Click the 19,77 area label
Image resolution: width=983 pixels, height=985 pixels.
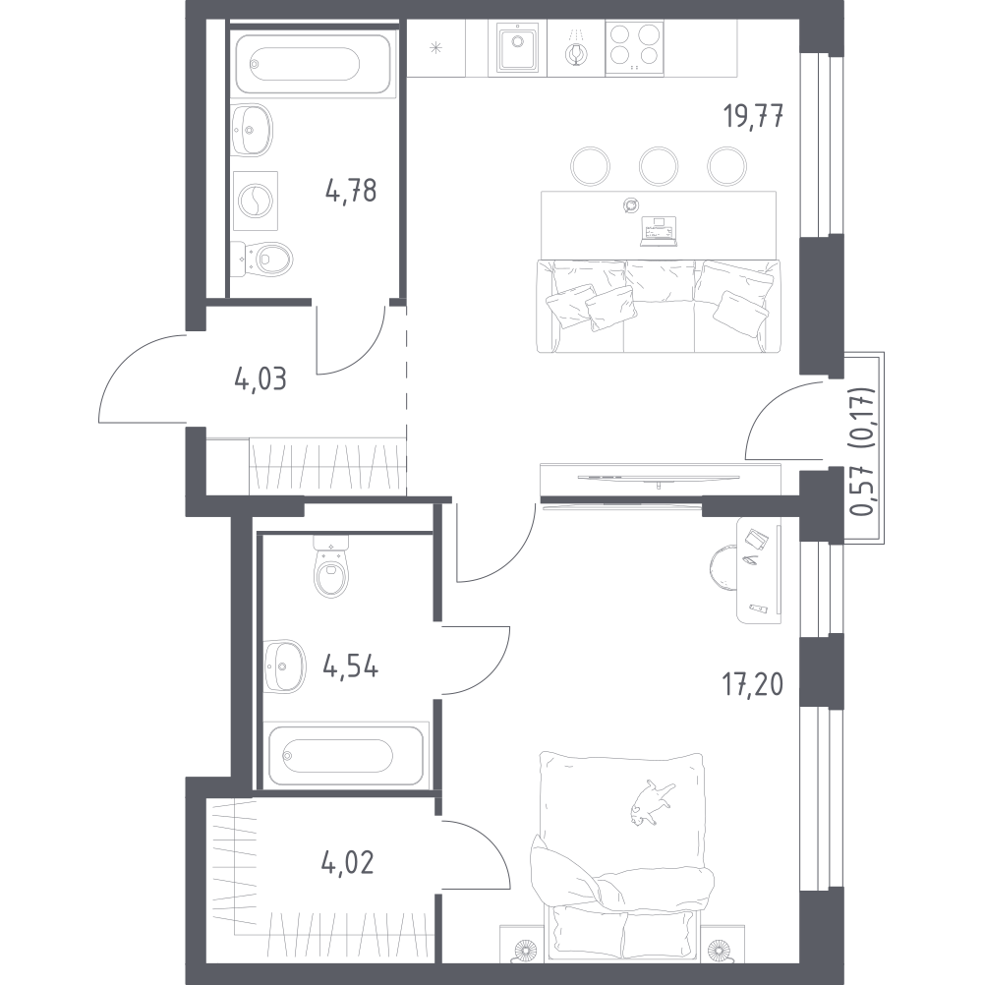[753, 117]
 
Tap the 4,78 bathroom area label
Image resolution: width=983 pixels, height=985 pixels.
[351, 191]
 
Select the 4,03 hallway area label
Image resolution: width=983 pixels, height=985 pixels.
[260, 379]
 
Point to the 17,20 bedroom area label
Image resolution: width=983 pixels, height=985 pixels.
[752, 685]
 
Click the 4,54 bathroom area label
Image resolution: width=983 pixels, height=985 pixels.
[351, 666]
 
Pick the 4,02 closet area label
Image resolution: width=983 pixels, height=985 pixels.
[347, 863]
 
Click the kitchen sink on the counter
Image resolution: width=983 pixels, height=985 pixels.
[518, 47]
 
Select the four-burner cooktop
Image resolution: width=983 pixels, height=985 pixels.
[634, 47]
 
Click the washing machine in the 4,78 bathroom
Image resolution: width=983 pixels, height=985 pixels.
[255, 201]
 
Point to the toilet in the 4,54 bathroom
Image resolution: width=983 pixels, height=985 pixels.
[331, 566]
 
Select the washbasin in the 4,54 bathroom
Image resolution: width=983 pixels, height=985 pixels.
[284, 666]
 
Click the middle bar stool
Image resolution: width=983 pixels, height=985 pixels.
[659, 166]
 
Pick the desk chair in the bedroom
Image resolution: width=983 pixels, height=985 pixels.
[723, 568]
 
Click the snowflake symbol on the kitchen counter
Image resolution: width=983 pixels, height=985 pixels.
[435, 48]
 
